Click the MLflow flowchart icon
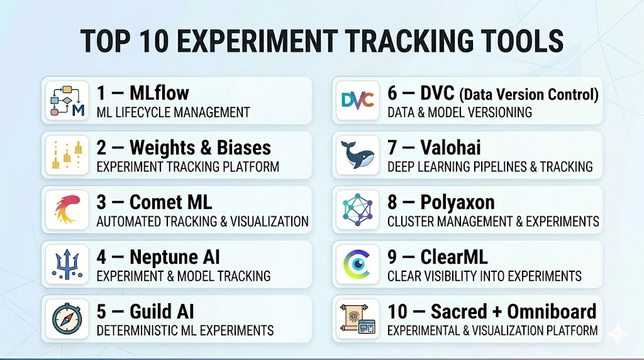point(67,101)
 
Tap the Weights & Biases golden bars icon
point(67,155)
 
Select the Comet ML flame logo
point(67,210)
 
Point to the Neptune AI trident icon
point(67,264)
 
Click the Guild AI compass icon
point(67,319)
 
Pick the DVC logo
point(358,101)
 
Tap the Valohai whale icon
point(357,155)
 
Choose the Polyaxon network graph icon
point(358,210)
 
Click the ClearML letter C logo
point(357,264)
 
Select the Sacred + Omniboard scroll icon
point(357,319)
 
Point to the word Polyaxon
point(457,203)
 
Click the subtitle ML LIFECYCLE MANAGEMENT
point(174,112)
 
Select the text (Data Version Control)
point(529,94)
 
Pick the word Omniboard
point(552,311)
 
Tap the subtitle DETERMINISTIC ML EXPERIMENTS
point(186,330)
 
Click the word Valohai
point(450,147)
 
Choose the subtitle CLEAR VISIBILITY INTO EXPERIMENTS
point(485,276)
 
